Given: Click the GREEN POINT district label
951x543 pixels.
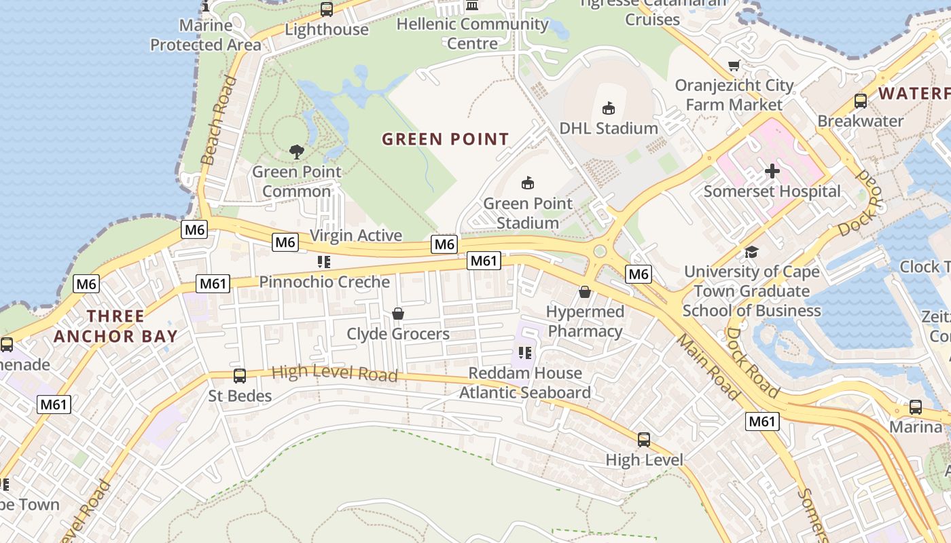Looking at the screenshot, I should [x=445, y=139].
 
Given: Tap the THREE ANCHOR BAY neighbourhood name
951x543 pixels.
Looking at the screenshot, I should [x=115, y=326].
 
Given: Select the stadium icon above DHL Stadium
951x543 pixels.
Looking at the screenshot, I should [x=609, y=108].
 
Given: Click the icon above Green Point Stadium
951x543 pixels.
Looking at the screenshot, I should [x=528, y=183].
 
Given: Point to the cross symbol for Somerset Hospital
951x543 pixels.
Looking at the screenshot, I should [x=772, y=171].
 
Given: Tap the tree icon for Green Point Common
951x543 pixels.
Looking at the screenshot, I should [x=296, y=151].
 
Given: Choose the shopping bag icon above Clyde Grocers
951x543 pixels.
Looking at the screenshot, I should [x=398, y=314].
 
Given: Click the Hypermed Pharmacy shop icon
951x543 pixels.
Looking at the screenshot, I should [x=585, y=292].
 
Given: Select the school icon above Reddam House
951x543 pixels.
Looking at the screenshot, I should [x=524, y=352].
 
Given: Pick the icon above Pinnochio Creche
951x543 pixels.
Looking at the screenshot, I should [x=324, y=261].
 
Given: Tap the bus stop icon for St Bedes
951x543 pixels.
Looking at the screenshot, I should [x=239, y=376].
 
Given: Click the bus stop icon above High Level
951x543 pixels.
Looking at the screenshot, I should [x=644, y=440].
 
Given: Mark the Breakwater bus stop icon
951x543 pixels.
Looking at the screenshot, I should [x=861, y=101].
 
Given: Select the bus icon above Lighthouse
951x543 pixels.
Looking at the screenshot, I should [x=327, y=10].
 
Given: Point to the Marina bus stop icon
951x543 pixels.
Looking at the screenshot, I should [x=916, y=407].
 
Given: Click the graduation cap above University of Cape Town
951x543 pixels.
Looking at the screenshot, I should [x=751, y=252].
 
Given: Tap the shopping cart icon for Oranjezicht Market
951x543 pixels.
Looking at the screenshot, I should [x=734, y=66].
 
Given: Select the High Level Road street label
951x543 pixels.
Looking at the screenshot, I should [x=334, y=373].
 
